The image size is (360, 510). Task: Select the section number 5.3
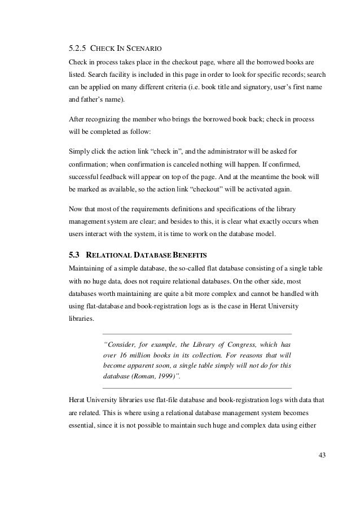73,254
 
